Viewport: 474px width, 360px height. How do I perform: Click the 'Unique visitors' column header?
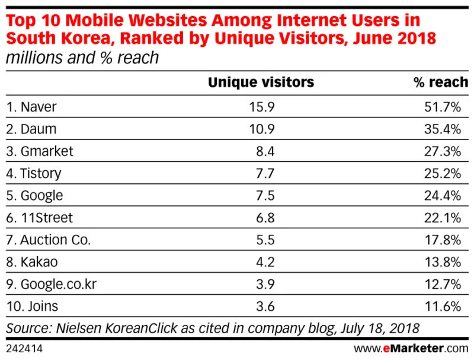pos(261,82)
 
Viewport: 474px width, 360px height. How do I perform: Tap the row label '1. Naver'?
pos(33,107)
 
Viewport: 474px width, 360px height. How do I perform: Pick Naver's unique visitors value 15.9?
pos(263,107)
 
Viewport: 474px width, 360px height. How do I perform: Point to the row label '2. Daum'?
pos(32,129)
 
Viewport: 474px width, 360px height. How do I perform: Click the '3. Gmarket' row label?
pos(40,152)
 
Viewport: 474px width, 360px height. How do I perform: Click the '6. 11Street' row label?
pos(40,218)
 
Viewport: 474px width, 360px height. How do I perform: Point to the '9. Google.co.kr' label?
pos(51,285)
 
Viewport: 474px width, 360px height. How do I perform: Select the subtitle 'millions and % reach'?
pos(82,58)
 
